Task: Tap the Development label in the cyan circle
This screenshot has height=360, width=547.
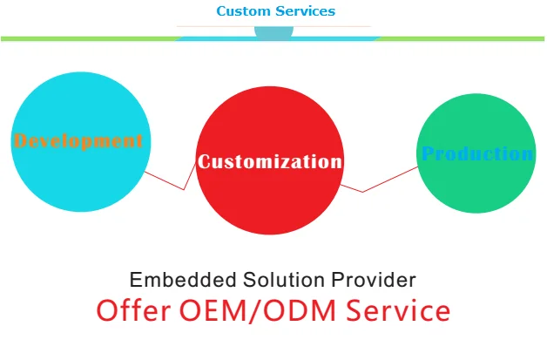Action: (x=78, y=140)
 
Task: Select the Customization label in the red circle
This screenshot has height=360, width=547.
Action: (x=270, y=161)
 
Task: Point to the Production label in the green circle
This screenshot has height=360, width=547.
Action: (x=477, y=154)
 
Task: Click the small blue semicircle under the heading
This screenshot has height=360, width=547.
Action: (x=273, y=32)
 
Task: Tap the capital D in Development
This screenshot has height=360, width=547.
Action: (x=21, y=140)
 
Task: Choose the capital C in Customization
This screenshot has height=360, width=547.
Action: (x=205, y=161)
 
